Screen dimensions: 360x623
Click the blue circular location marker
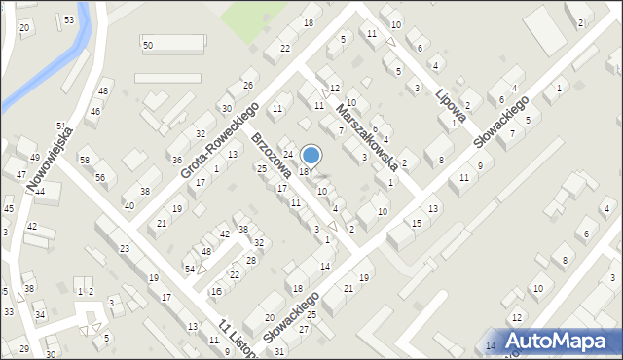311,155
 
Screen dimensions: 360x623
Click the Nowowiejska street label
47,155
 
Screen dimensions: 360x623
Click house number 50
148,46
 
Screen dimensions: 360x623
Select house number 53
68,19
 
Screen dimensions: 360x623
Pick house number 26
248,86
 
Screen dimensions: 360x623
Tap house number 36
177,160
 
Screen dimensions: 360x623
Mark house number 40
129,205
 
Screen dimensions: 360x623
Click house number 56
100,177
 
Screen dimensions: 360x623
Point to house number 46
95,112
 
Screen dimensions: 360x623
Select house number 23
125,249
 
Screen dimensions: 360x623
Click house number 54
190,269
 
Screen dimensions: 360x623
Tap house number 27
304,329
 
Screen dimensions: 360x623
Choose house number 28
250,260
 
